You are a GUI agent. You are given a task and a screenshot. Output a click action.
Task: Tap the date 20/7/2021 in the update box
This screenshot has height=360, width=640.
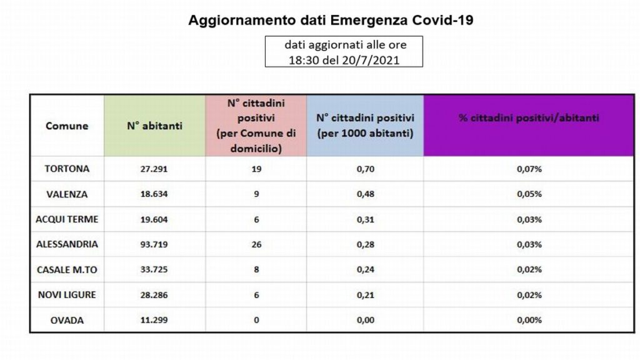click(371, 61)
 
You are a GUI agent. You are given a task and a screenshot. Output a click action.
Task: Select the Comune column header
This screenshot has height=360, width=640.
click(67, 126)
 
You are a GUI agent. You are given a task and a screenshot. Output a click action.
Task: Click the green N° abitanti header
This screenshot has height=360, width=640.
click(155, 126)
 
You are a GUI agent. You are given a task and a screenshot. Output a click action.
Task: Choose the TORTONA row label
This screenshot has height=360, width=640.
click(67, 169)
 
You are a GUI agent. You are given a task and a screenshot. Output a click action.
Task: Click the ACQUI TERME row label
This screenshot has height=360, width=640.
click(67, 219)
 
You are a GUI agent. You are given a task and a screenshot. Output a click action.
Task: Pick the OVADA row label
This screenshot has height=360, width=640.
click(67, 321)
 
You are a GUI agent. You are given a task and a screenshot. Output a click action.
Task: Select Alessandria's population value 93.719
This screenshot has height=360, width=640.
click(154, 244)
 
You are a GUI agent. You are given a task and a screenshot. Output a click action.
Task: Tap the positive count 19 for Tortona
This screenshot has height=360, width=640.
click(256, 169)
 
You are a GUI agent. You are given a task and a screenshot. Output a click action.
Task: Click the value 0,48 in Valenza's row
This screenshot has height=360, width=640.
click(366, 194)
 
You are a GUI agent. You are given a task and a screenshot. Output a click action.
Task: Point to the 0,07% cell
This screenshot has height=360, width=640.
click(529, 169)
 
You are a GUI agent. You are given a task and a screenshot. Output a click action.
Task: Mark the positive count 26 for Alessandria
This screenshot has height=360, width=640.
click(256, 244)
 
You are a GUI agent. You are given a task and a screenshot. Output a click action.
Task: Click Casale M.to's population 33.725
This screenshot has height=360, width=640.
click(154, 269)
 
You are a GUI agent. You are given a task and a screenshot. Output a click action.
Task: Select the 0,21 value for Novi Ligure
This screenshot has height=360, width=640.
click(366, 295)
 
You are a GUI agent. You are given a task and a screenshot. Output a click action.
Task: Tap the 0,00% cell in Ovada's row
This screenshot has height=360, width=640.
click(529, 320)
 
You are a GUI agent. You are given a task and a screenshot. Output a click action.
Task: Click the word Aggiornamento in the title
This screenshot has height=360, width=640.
click(242, 21)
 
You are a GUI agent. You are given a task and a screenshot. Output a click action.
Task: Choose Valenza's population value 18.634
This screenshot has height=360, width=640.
click(154, 194)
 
